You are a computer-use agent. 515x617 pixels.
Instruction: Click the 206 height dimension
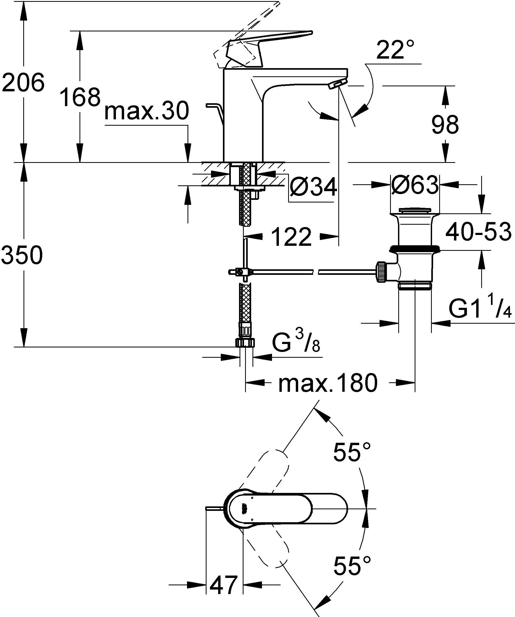(x=23, y=83)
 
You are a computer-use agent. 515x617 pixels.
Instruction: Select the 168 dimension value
(x=80, y=97)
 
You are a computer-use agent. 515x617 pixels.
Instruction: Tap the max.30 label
(x=146, y=111)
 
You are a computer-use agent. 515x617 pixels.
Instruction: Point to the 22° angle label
(x=395, y=50)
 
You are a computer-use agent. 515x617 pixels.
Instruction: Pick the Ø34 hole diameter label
(x=313, y=187)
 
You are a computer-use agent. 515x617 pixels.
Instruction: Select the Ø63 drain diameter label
(x=414, y=185)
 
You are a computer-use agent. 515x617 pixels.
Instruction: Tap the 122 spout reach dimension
(x=291, y=237)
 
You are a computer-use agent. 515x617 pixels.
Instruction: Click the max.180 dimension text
(x=327, y=383)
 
